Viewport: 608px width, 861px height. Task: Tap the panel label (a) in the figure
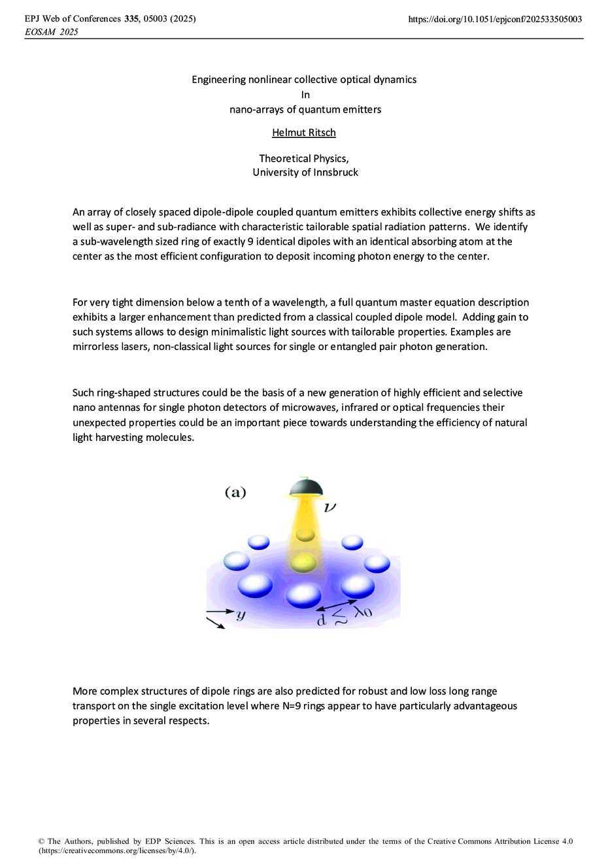click(235, 493)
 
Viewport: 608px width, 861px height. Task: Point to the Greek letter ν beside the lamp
click(330, 507)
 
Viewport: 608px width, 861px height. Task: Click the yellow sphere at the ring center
click(304, 562)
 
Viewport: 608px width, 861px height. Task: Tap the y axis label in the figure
click(241, 615)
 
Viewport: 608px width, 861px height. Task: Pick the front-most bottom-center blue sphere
click(303, 594)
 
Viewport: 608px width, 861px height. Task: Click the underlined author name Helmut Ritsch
click(304, 133)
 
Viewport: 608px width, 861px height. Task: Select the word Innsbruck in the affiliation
click(334, 173)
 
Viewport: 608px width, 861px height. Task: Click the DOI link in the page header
click(494, 19)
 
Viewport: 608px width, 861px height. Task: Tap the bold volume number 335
click(131, 19)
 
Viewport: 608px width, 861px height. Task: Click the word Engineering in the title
click(218, 80)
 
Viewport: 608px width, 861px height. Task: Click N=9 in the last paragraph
click(287, 706)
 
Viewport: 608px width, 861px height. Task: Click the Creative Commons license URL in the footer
click(116, 851)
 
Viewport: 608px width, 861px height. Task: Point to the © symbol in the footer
click(42, 841)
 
